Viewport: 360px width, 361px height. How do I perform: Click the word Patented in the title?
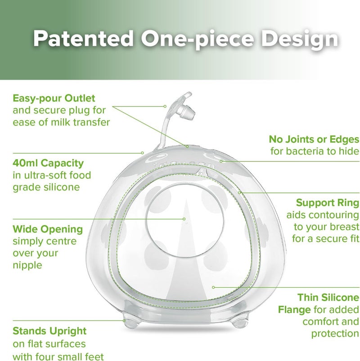point(83,38)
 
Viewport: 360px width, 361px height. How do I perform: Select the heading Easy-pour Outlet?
point(54,98)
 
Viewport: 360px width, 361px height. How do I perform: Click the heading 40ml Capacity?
point(48,163)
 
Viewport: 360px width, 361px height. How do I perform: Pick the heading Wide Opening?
point(48,230)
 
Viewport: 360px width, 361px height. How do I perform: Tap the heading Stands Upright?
point(49,331)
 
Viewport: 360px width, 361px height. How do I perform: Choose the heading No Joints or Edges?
point(314,139)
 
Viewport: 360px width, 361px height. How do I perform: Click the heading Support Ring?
point(328,203)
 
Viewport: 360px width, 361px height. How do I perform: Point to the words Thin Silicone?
point(328,298)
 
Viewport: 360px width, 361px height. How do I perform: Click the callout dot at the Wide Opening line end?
point(184,219)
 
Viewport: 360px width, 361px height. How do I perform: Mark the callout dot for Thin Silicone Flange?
point(213,287)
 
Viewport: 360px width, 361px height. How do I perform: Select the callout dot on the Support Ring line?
point(239,192)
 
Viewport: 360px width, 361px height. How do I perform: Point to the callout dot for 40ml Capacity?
point(143,153)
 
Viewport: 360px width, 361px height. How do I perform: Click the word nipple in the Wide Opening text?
point(27,265)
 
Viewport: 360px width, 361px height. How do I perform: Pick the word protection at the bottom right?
point(335,334)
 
